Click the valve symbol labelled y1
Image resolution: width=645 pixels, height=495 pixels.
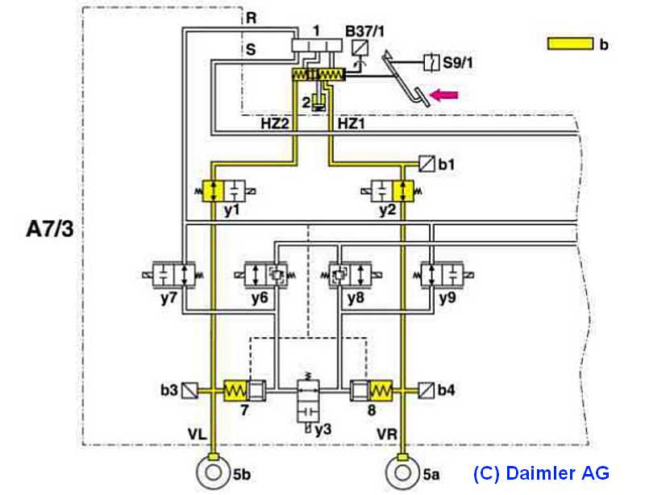point(223,191)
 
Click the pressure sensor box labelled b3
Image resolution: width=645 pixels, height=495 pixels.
point(190,391)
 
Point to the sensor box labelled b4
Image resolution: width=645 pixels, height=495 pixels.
point(424,391)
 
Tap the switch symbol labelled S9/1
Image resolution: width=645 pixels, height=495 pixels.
point(433,60)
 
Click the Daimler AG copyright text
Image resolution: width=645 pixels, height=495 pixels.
point(541,473)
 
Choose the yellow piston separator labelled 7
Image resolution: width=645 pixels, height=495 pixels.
point(239,391)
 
